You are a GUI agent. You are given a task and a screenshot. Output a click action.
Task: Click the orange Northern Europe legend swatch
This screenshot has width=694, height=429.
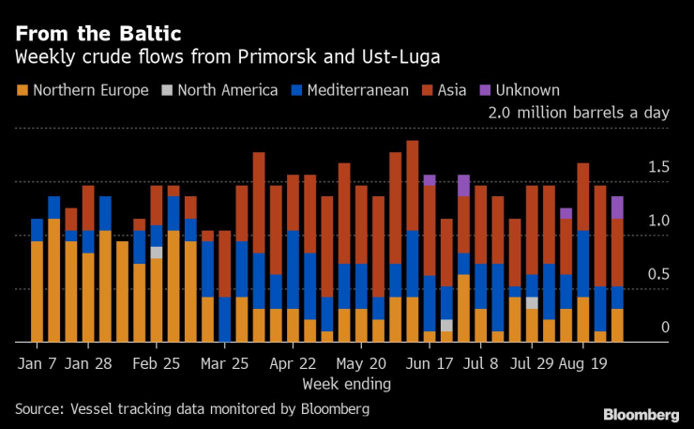(22, 91)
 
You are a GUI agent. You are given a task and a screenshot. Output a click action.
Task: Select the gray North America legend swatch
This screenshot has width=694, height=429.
(166, 91)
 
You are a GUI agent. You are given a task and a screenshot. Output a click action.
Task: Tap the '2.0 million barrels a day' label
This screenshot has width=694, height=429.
(578, 113)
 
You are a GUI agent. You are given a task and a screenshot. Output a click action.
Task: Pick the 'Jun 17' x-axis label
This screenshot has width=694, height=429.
(429, 363)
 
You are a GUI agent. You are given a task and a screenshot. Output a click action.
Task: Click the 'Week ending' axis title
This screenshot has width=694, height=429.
(347, 384)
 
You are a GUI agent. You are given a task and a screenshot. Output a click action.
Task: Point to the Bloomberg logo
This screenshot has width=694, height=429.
(641, 414)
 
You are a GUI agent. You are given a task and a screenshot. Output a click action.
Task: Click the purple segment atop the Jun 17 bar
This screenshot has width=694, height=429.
(430, 179)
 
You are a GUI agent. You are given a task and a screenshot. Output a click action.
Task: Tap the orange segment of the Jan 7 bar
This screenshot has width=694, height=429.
(37, 291)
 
